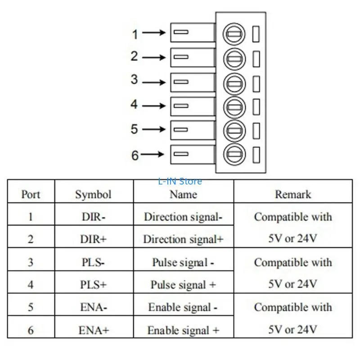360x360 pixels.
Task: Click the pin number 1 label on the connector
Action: point(135,34)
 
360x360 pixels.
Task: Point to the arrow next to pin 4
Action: point(156,106)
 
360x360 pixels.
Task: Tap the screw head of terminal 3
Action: point(234,83)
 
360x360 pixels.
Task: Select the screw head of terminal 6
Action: point(234,154)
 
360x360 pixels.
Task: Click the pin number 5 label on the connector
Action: point(135,129)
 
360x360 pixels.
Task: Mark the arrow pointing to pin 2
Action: point(156,58)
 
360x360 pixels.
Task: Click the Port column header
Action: point(31,194)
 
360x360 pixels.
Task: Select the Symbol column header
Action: point(93,194)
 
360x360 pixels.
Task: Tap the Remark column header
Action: point(292,194)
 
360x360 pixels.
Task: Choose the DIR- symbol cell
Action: point(93,216)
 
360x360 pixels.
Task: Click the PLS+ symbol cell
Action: point(93,284)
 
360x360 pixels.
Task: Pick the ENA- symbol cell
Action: point(93,307)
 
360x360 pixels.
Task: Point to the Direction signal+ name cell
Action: point(183,239)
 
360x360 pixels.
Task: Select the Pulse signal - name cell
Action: point(183,262)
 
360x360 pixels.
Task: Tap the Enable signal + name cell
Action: point(183,330)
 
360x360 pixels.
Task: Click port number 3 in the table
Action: point(31,262)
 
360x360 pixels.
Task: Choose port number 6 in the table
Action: point(31,330)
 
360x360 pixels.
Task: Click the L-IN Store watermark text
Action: point(180,181)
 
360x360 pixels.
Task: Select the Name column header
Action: point(183,194)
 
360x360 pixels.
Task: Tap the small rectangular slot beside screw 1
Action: point(256,34)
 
